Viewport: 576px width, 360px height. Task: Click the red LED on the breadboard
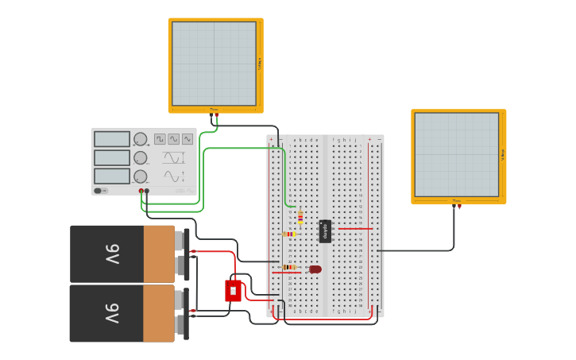coord(315,269)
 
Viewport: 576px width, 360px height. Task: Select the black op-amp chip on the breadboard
coord(324,231)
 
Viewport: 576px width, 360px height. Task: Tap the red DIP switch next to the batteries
coord(233,291)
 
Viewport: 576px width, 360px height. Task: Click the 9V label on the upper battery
coord(112,254)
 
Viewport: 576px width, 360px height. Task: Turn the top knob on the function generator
coord(141,139)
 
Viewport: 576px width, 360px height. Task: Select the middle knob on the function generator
coord(141,158)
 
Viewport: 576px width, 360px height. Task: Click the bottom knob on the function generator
coord(141,176)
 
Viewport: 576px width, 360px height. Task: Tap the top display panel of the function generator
coord(112,139)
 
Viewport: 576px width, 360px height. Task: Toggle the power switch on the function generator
coord(99,191)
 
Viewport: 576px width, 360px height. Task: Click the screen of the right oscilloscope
coord(456,154)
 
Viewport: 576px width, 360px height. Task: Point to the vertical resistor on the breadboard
coord(300,217)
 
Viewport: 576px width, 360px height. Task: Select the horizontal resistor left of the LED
coord(289,268)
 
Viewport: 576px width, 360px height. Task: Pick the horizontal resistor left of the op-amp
coord(289,234)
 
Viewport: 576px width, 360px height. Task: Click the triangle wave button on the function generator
coord(173,139)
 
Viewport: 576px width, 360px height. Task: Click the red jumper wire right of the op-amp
coord(354,229)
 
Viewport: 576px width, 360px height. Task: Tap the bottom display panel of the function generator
coord(112,176)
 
